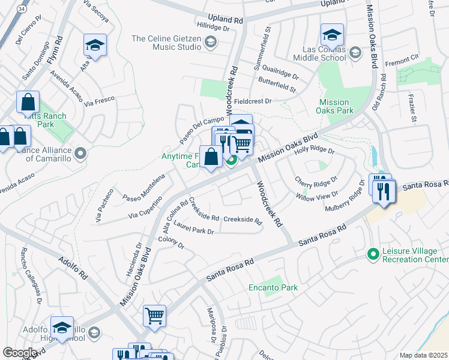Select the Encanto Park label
[273, 288]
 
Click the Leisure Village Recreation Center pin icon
[373, 254]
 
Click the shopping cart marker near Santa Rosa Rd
[155, 316]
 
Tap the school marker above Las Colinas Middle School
[332, 35]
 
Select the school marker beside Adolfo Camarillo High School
[62, 328]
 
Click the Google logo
[20, 353]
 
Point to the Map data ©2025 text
[423, 355]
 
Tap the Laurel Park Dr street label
[193, 228]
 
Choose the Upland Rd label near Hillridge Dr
[225, 19]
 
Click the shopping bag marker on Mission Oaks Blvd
[211, 158]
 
